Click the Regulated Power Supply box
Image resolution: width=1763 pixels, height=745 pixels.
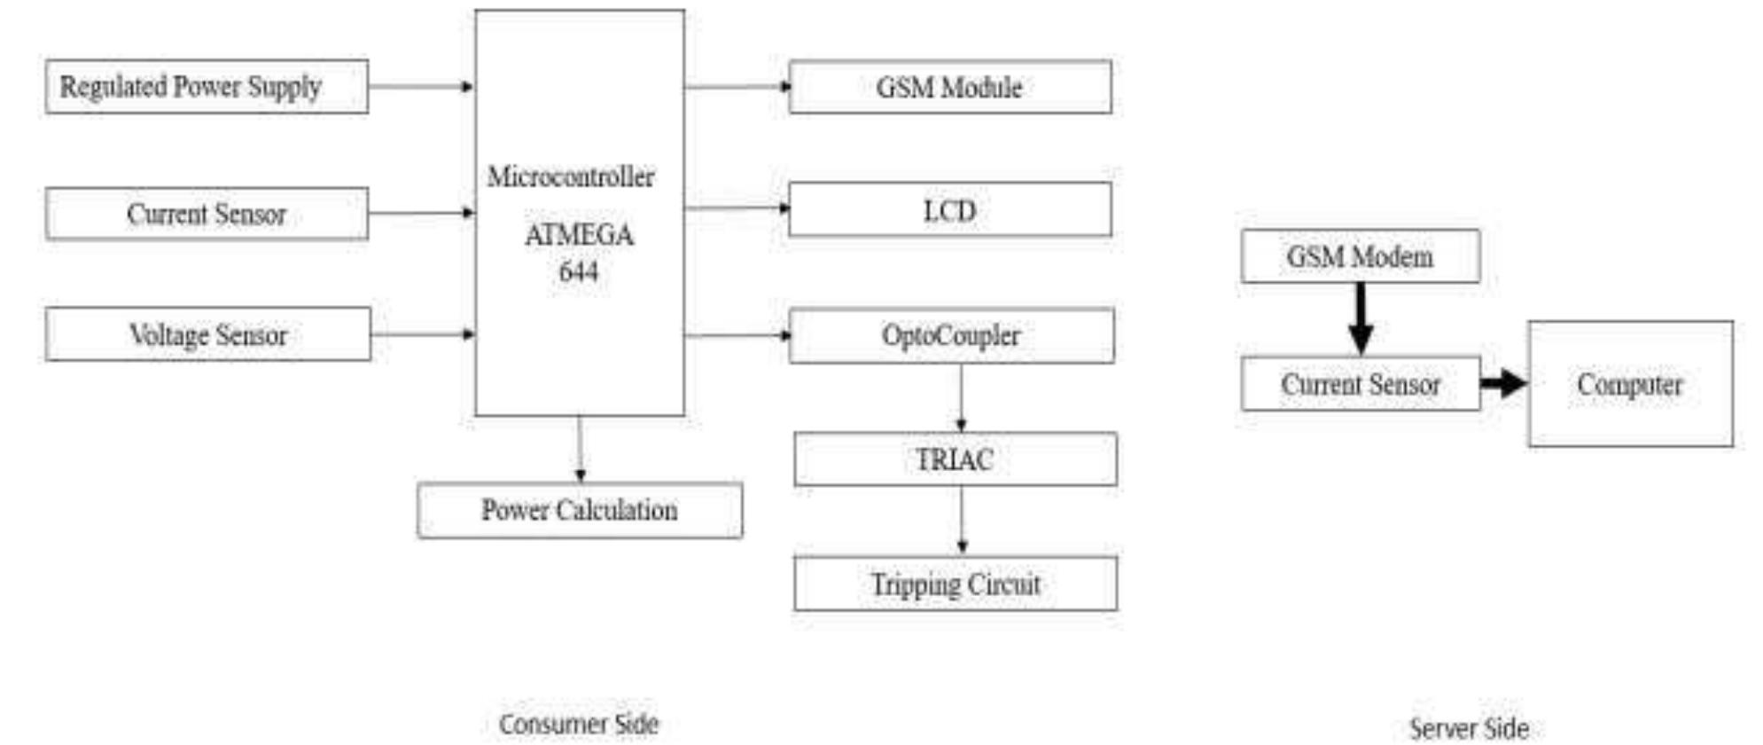click(x=207, y=87)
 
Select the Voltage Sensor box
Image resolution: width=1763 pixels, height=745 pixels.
click(x=208, y=334)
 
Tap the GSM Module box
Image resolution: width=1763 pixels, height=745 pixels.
click(x=949, y=87)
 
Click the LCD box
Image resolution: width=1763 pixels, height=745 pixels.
click(x=949, y=210)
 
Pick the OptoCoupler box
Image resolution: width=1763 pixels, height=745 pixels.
click(x=950, y=335)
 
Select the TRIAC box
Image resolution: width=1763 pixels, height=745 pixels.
click(x=955, y=459)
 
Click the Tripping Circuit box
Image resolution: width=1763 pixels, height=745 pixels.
click(x=955, y=584)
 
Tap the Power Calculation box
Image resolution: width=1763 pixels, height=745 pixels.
click(x=580, y=510)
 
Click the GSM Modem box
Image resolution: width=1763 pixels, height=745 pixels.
click(x=1360, y=256)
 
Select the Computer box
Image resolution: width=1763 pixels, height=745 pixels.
click(x=1629, y=384)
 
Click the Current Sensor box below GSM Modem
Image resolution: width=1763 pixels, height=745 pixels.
click(x=1360, y=384)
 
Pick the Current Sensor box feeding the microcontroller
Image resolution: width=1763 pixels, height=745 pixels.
click(x=207, y=214)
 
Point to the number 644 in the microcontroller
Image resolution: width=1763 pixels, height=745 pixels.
click(x=578, y=271)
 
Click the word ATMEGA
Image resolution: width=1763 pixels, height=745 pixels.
click(x=579, y=235)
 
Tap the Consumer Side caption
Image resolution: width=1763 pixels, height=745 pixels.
click(x=579, y=724)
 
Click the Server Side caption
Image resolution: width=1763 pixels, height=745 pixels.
click(x=1469, y=728)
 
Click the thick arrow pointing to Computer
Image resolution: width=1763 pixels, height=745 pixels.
click(x=1503, y=384)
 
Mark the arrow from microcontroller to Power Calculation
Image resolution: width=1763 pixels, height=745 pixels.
click(x=580, y=449)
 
